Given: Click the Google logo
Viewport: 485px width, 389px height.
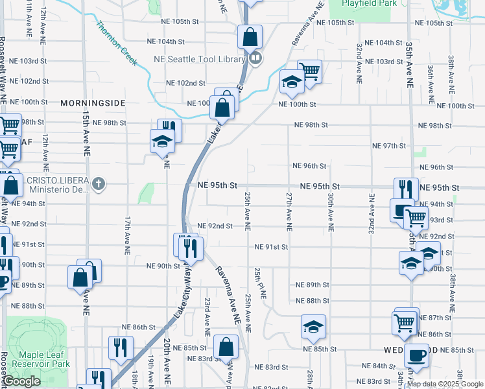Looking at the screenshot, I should pyautogui.click(x=21, y=381).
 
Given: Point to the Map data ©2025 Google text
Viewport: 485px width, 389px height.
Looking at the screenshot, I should pyautogui.click(x=445, y=384).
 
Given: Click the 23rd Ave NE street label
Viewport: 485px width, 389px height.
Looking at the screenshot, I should pyautogui.click(x=207, y=316).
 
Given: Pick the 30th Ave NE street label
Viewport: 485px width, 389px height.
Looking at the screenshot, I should pyautogui.click(x=331, y=212).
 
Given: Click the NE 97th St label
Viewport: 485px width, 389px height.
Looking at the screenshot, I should pyautogui.click(x=388, y=146).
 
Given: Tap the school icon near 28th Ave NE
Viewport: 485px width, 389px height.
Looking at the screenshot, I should pyautogui.click(x=313, y=327).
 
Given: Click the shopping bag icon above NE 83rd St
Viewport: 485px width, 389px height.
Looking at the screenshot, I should pyautogui.click(x=226, y=348).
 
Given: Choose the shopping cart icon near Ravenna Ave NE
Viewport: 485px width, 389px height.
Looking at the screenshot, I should pyautogui.click(x=309, y=71).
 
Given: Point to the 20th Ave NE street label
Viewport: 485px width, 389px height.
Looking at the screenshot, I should pyautogui.click(x=167, y=353).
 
